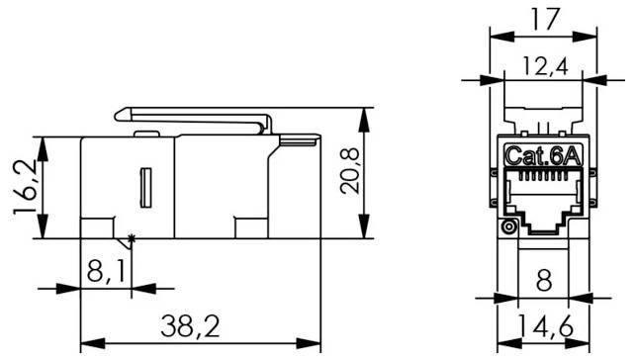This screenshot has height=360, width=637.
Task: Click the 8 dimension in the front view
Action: (x=541, y=280)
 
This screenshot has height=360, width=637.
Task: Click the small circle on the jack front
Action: (x=510, y=227)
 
